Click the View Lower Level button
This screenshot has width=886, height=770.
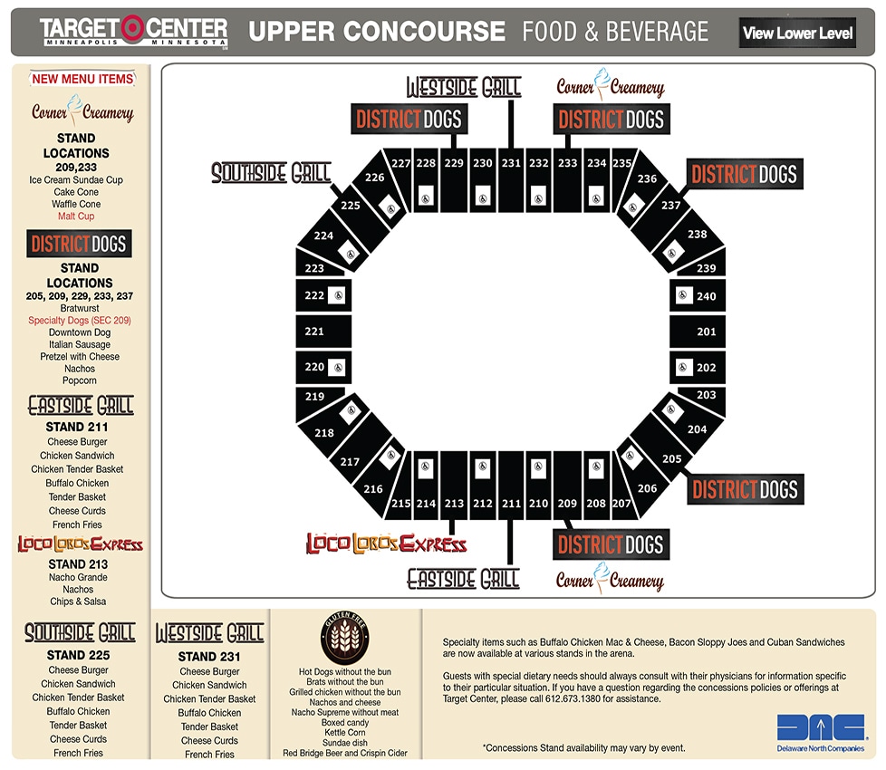(x=797, y=34)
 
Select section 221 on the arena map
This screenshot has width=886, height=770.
(x=314, y=332)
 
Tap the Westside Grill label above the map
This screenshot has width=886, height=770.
(x=464, y=87)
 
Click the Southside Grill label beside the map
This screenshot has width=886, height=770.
(x=271, y=173)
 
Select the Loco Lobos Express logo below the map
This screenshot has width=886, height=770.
(x=386, y=544)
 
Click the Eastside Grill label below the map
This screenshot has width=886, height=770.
(x=463, y=578)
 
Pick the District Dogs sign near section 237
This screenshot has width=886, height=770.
(x=744, y=174)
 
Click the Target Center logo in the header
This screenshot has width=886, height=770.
(x=133, y=32)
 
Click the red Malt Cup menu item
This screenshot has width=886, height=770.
(x=76, y=217)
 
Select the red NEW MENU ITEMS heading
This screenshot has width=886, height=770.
(x=82, y=79)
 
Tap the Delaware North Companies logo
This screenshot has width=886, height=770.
(x=820, y=732)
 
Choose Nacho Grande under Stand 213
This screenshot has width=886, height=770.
(x=79, y=577)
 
